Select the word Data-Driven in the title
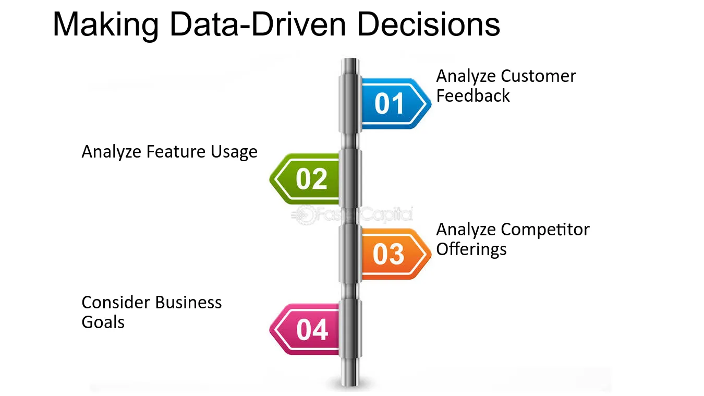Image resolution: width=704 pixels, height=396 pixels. click(258, 24)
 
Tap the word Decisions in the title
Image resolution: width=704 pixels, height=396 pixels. click(428, 24)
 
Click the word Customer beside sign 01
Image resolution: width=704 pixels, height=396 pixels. click(538, 76)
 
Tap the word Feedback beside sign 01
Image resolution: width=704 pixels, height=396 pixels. click(472, 95)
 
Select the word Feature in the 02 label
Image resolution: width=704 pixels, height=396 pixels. click(175, 152)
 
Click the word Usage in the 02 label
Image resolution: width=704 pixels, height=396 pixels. click(234, 152)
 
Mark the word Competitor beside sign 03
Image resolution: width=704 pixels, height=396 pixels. click(545, 230)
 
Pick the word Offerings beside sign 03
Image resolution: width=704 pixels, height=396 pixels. click(471, 249)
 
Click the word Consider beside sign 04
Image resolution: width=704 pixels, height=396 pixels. click(115, 303)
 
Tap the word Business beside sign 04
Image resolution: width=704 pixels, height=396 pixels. click(188, 303)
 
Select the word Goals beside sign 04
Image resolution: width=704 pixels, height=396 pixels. click(103, 322)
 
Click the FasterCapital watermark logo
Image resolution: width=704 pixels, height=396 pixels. click(351, 215)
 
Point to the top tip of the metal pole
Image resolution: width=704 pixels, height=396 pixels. click(350, 58)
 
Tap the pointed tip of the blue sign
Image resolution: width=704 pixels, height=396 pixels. click(431, 103)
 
